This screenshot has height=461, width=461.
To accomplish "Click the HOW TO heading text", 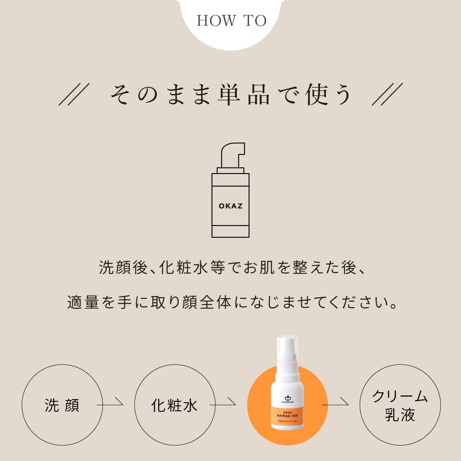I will pos(231,21).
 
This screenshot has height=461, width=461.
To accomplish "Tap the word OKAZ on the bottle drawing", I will pos(230,206).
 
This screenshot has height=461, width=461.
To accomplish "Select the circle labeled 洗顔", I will pos(62,405).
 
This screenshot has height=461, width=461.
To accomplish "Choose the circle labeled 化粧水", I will pos(174,405).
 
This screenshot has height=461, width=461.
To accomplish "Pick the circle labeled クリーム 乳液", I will pos(400,405).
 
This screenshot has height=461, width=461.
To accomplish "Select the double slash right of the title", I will pos(387,94).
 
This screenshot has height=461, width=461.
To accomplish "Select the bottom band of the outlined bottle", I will pos(230,231).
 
